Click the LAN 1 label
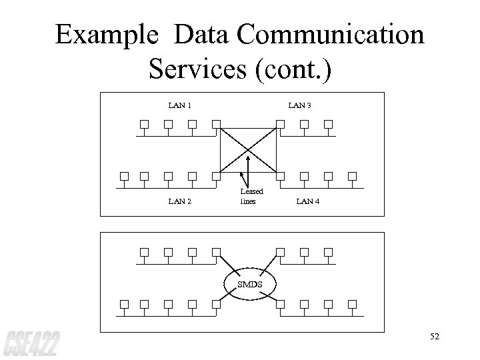tap(180, 105)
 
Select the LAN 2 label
tap(180, 201)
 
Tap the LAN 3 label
tap(299, 105)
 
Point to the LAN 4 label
tap(307, 201)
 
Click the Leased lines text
tap(247, 196)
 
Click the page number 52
tap(435, 336)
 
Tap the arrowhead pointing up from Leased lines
tap(249, 157)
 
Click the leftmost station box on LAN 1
tap(143, 123)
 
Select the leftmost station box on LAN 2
tap(123, 177)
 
